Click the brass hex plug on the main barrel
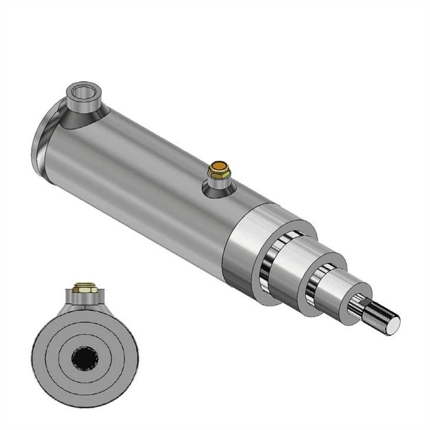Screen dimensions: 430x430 coord(219,171)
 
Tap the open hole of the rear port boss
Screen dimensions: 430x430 coord(81,91)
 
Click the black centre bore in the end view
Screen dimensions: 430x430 coord(84,356)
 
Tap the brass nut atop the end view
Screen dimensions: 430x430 coord(84,289)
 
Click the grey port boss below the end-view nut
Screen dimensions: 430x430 coord(84,302)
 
